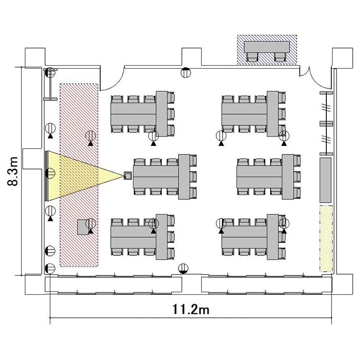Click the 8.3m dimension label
12,171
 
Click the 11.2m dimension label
191,309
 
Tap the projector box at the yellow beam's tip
128,176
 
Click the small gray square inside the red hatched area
83,227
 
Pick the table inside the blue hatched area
267,47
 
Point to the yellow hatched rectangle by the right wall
326,239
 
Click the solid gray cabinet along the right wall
325,180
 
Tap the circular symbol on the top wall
185,72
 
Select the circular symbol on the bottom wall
183,269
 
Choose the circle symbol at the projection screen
50,173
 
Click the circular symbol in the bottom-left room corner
50,269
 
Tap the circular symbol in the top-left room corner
50,73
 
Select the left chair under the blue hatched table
252,57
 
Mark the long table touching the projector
156,177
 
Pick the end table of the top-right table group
273,114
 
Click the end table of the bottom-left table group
162,237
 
